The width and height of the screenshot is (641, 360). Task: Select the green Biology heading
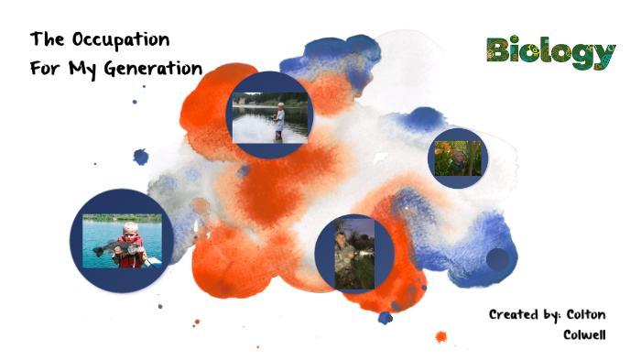coord(550,53)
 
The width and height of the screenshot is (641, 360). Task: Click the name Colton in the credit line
coord(585,314)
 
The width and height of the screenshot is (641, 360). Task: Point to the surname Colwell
coord(583,334)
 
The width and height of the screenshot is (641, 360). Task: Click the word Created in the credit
coord(516,314)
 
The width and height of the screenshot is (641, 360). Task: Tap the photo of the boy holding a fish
coord(122,241)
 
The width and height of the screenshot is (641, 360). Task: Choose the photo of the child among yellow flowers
coord(456,158)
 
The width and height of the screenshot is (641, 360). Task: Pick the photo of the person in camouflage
coord(353,252)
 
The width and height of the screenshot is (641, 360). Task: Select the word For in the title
coord(43,69)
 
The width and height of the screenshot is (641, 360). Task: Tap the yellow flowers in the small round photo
coord(443,148)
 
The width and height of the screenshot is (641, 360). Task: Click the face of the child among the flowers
coord(457,157)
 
